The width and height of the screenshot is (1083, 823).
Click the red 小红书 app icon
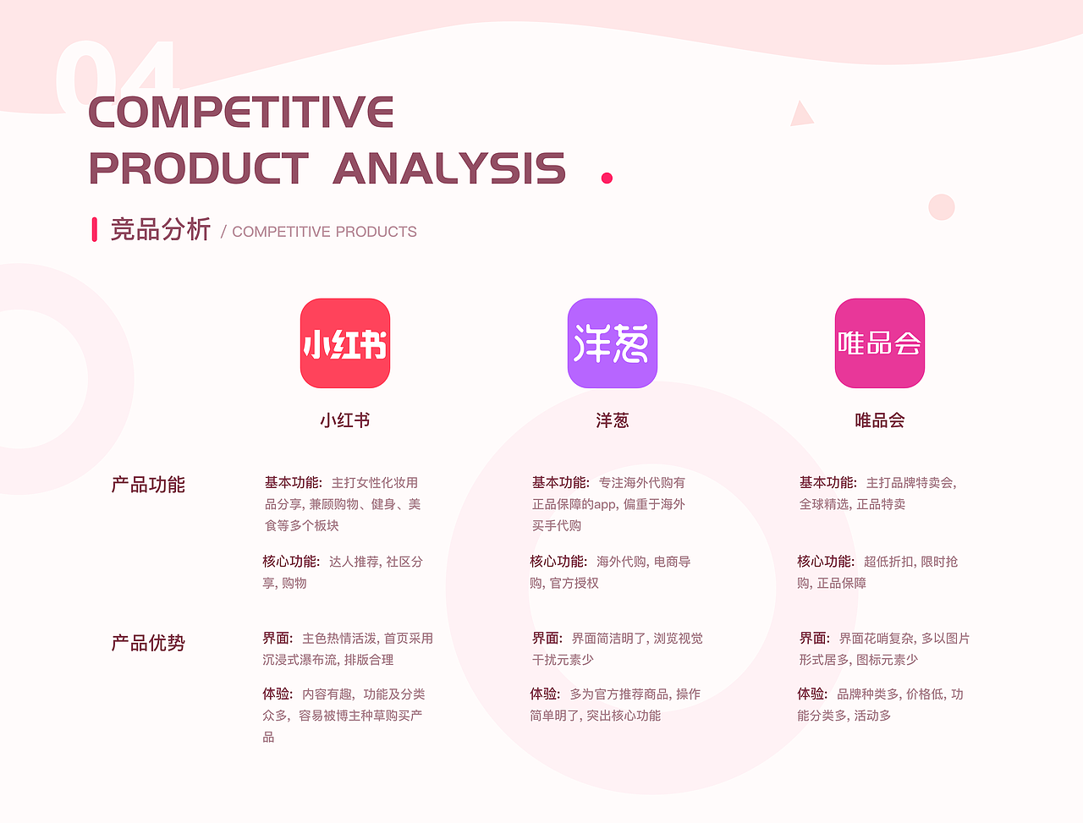(345, 343)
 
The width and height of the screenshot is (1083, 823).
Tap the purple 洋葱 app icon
(612, 343)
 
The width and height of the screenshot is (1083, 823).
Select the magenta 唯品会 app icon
(879, 343)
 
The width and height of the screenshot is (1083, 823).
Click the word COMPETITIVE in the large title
(241, 112)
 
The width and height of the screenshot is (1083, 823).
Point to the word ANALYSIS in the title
(449, 168)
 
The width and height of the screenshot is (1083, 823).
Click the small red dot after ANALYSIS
(607, 178)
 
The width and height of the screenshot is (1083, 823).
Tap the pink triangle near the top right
(800, 115)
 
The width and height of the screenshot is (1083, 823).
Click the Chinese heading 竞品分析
(161, 229)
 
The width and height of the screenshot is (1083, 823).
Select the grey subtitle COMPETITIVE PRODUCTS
(324, 232)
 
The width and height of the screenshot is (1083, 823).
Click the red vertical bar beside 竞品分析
(95, 229)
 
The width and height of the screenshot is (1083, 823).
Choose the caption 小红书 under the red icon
(345, 420)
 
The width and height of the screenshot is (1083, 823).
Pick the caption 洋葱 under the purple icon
(612, 420)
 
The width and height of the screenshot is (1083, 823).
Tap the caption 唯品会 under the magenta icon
(879, 420)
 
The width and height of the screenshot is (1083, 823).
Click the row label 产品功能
(148, 485)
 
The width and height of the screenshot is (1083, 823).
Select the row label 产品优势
(148, 643)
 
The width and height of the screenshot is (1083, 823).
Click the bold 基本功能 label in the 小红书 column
(293, 482)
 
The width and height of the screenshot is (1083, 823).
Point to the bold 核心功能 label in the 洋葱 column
(558, 562)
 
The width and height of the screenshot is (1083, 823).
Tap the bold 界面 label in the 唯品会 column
(814, 638)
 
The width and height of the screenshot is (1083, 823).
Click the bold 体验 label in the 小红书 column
(278, 694)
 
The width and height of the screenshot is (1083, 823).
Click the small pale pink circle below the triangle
(942, 207)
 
